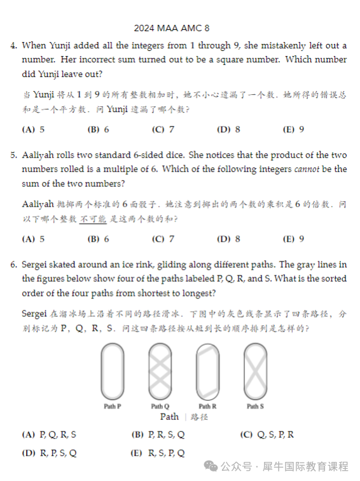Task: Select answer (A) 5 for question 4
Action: pos(33,129)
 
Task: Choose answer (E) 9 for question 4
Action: pos(293,129)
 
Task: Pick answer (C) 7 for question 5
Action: pos(163,239)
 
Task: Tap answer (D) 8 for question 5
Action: pos(228,239)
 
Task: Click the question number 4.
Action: pos(13,46)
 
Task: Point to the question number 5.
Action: pos(13,155)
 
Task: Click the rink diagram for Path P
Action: pos(113,371)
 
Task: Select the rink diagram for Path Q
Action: pos(160,371)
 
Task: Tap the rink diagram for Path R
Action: pos(207,371)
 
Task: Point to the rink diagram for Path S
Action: pos(254,371)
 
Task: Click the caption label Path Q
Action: pos(160,406)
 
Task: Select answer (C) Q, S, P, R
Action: pos(267,435)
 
